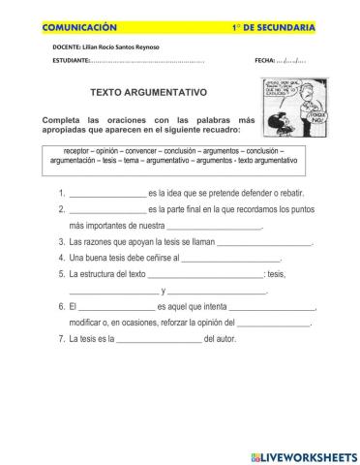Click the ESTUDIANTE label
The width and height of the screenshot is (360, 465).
click(x=70, y=62)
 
